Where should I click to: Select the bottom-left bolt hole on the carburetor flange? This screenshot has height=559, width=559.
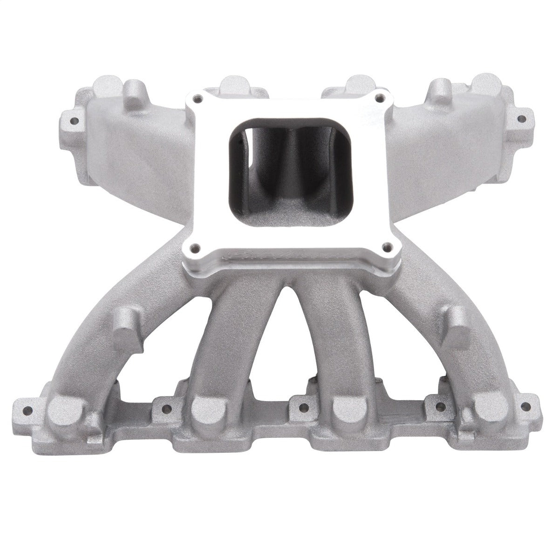(x=198, y=247)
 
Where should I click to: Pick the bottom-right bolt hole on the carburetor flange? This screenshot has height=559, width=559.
(x=385, y=247)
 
